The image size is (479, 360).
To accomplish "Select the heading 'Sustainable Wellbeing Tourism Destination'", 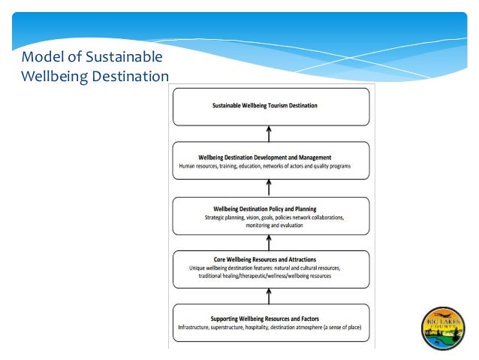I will tap(264, 106).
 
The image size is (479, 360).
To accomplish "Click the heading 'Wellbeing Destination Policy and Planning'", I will tap(265, 208).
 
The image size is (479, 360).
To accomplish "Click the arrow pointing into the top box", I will tap(269, 134).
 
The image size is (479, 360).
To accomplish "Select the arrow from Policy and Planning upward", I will tap(269, 188).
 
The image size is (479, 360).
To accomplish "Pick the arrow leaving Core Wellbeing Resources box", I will tap(269, 240).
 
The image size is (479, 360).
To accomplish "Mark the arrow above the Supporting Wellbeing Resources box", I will tap(269, 296).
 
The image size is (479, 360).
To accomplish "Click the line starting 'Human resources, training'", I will tap(264, 165).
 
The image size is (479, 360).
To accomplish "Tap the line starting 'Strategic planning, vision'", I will tap(274, 217).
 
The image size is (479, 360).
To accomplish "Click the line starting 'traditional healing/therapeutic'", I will tap(264, 276).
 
